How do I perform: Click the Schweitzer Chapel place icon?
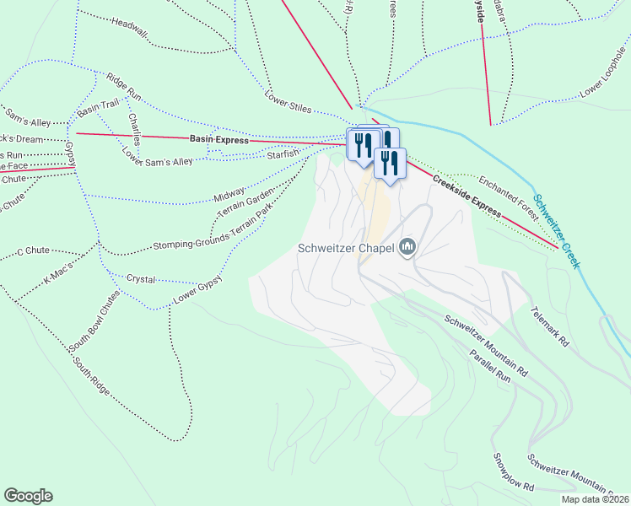(408, 247)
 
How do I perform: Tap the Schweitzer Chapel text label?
(346, 248)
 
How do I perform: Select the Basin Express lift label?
(218, 140)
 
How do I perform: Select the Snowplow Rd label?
(513, 473)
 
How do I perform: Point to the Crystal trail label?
(141, 278)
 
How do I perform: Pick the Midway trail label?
(229, 195)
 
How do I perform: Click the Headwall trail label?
(128, 28)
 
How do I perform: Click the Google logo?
(28, 496)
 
